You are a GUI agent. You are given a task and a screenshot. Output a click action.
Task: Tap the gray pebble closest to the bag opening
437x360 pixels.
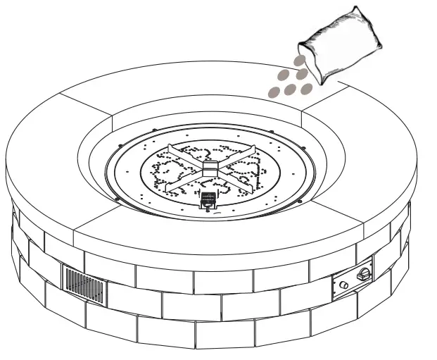tap(301, 61)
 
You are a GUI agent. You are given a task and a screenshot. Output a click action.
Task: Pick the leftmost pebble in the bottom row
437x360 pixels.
tap(274, 90)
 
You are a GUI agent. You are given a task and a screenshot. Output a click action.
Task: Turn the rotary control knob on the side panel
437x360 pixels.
tap(364, 273)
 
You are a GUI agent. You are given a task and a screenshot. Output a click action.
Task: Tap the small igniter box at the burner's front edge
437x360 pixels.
tap(208, 201)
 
